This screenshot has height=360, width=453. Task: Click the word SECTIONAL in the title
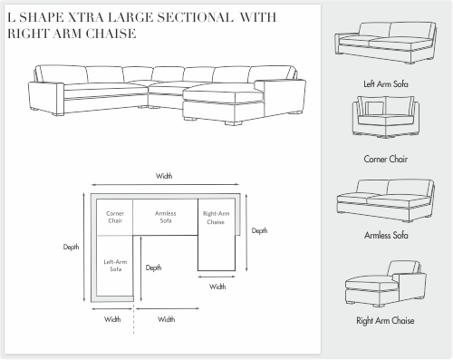[x=195, y=17]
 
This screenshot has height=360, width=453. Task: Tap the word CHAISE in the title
[x=111, y=34]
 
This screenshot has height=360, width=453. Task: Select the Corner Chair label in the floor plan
[x=115, y=217]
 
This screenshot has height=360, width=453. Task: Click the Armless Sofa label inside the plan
[x=166, y=217]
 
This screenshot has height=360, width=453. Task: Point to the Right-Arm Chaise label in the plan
[x=216, y=218]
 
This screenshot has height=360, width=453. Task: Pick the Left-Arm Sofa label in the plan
[x=115, y=266]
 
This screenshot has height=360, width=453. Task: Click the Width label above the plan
[x=164, y=176]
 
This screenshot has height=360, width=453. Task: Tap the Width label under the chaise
[x=217, y=287]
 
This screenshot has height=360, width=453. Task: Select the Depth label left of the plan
[x=71, y=247]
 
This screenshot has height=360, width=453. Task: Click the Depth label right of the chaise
[x=259, y=230]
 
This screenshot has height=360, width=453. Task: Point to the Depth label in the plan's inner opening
[x=153, y=268]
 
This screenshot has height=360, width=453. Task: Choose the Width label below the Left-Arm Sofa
[x=112, y=319]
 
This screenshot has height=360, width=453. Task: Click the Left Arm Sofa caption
[x=386, y=83]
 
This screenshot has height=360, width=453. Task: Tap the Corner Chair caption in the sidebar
[x=386, y=159]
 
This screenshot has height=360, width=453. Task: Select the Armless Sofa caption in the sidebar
[x=386, y=235]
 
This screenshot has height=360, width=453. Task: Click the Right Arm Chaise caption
[x=385, y=320]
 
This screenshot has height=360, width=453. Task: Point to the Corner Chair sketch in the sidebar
[x=386, y=117]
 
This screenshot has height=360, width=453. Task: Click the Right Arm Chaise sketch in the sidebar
[x=386, y=284]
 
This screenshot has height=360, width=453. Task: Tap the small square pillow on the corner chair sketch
[x=374, y=108]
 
